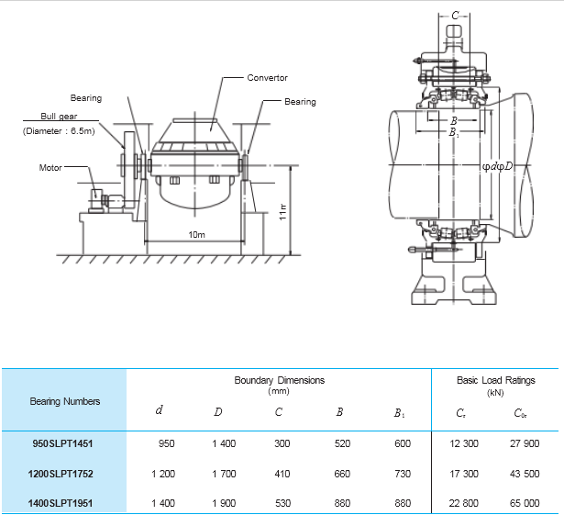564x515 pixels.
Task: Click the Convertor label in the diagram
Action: (267, 78)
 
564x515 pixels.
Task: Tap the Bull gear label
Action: (59, 117)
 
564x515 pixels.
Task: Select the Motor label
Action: (50, 167)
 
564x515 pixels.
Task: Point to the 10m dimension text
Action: (197, 235)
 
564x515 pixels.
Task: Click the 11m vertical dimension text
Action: (283, 212)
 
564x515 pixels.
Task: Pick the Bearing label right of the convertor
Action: (301, 102)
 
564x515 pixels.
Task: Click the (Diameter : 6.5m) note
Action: (59, 131)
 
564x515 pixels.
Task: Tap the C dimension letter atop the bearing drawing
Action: (455, 16)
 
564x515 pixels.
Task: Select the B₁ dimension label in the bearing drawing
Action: (454, 132)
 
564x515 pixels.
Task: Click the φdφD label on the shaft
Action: (497, 166)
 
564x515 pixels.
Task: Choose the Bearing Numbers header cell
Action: (65, 401)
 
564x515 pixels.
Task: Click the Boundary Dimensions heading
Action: (279, 380)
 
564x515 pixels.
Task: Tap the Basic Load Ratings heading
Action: (495, 380)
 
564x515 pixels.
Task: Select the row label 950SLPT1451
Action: (62, 443)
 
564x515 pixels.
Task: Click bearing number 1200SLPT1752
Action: (61, 474)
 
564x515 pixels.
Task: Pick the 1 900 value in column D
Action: (224, 503)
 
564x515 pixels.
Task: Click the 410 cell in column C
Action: (282, 474)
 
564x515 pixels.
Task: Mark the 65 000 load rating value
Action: (525, 503)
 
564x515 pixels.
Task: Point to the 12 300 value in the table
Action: (464, 443)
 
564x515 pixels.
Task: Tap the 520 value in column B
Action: (342, 443)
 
